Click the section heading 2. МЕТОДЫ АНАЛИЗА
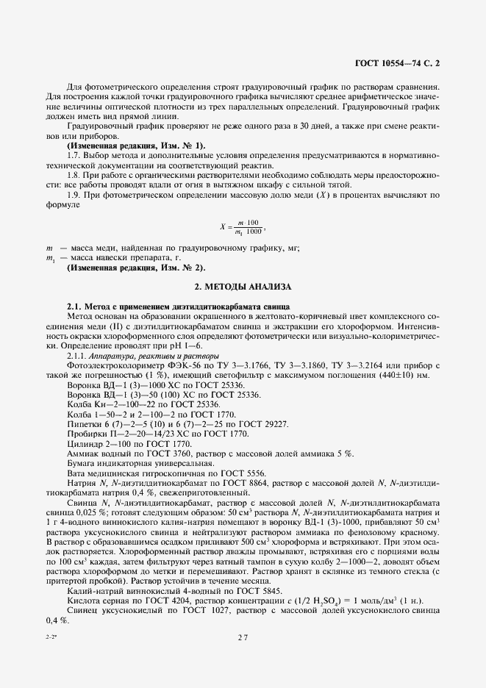click(242, 285)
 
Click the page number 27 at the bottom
click(243, 638)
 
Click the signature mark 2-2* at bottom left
click(49, 638)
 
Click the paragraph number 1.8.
click(73, 175)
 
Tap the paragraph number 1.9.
click(73, 195)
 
